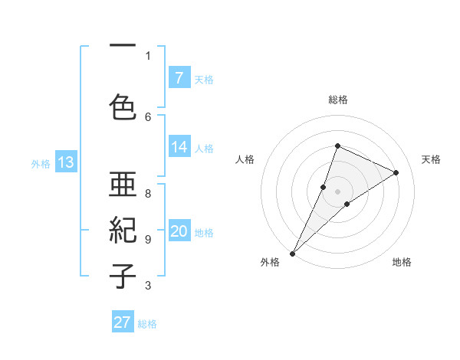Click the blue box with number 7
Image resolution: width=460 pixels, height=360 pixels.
[179, 78]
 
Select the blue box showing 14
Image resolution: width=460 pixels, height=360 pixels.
[179, 148]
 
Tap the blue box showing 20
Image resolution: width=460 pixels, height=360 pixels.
[179, 232]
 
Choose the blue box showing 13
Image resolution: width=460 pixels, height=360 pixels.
[65, 162]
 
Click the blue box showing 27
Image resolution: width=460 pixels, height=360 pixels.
[123, 322]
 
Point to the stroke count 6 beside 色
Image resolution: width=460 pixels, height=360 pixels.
[148, 116]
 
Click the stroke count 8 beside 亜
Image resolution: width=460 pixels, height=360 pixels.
[148, 194]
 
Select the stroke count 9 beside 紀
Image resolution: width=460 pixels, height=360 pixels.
[148, 239]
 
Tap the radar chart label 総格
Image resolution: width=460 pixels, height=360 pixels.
[338, 100]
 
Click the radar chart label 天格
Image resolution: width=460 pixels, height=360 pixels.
[432, 159]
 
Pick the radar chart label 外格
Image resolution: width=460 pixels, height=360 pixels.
[270, 262]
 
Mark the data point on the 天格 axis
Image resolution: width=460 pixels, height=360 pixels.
[396, 172]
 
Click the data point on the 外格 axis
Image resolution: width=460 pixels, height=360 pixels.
[293, 253]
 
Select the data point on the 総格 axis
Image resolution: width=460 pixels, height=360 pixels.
[337, 146]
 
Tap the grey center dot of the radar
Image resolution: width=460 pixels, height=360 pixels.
[337, 191]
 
